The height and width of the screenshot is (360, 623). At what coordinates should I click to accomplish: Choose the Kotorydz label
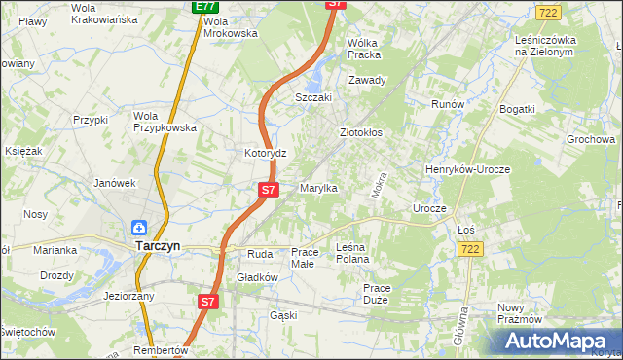click(264, 154)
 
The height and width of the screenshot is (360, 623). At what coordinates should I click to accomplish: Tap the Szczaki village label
click(313, 98)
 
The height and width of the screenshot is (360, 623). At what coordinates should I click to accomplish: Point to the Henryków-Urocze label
click(467, 169)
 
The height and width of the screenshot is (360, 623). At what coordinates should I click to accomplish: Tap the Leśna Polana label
click(352, 253)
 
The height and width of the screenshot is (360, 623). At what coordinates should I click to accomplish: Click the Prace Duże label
click(376, 294)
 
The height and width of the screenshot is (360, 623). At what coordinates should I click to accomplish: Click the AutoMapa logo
click(556, 341)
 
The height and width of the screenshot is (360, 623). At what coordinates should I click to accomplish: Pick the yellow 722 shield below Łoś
click(470, 250)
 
